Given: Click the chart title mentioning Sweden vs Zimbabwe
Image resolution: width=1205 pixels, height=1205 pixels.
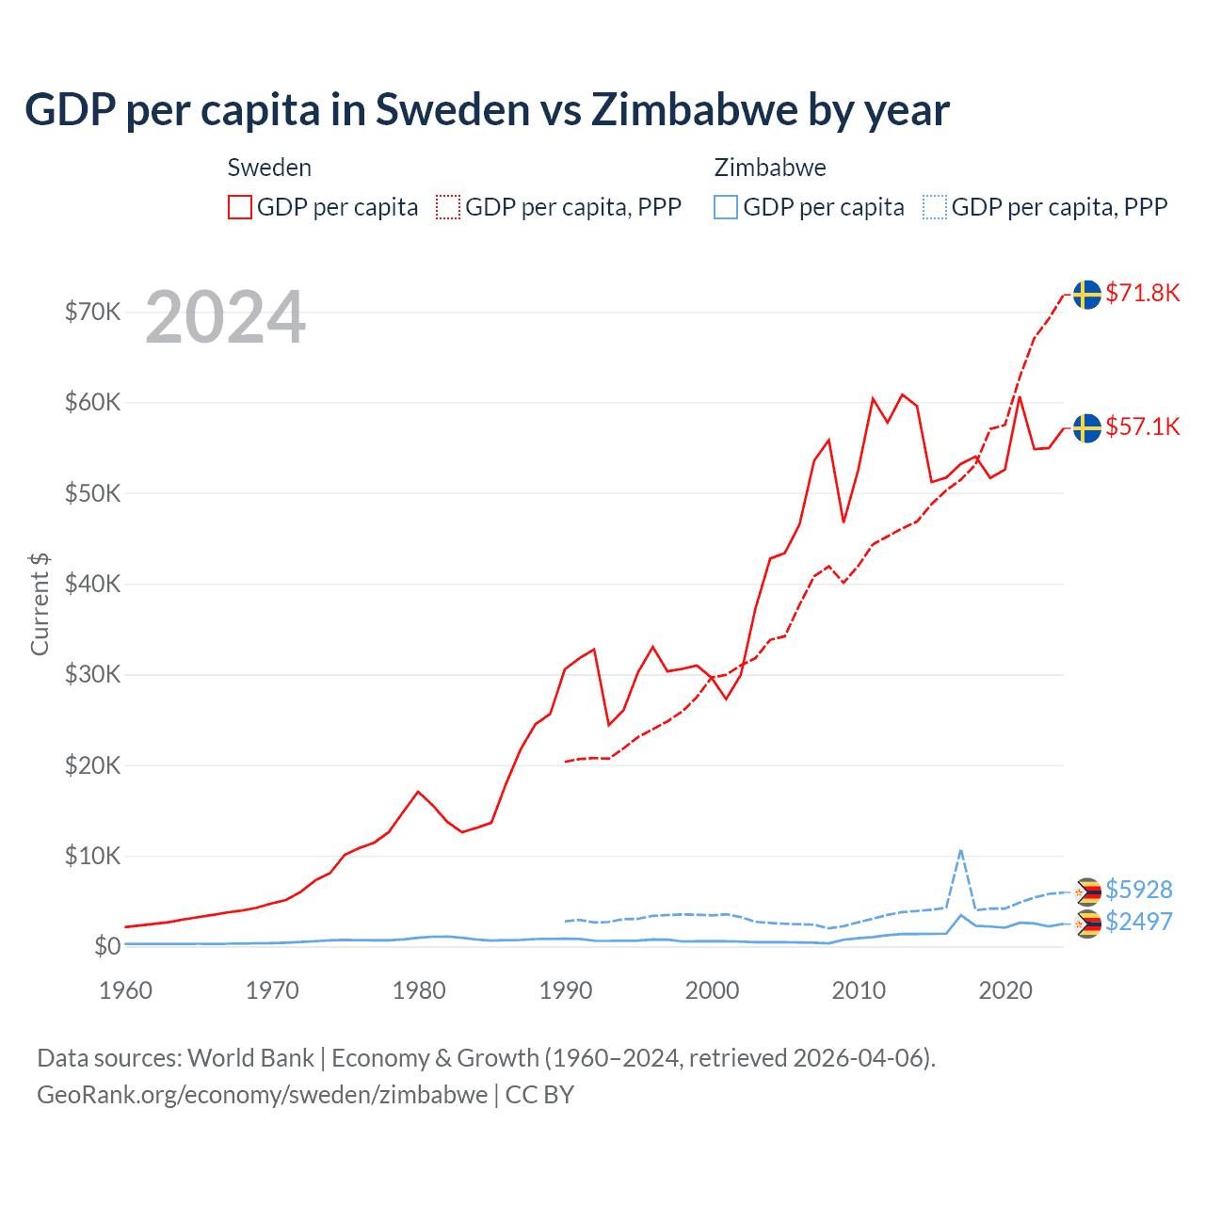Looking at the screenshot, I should tap(487, 110).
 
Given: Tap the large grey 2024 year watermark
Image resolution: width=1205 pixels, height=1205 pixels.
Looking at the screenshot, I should tap(225, 317).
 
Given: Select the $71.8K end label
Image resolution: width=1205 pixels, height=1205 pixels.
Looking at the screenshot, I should tap(1142, 294).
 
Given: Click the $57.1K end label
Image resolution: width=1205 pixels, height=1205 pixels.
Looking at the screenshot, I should tap(1142, 427).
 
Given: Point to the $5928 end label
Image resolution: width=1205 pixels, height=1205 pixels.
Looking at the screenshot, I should tap(1138, 890).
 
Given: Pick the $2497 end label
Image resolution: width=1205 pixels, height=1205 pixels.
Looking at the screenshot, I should tap(1138, 922).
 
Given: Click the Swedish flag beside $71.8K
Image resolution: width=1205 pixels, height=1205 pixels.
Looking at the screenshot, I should tap(1087, 295).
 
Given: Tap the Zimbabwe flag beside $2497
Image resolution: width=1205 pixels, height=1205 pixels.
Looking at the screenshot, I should tap(1088, 924).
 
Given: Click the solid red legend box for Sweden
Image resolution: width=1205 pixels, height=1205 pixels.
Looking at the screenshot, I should tap(240, 207).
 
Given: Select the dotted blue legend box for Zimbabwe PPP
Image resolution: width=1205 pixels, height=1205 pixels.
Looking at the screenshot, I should tap(935, 207).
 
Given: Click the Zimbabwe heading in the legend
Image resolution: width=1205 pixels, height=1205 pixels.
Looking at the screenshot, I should tap(770, 168).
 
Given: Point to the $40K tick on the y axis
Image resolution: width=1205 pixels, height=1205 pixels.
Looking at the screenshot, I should tap(92, 584).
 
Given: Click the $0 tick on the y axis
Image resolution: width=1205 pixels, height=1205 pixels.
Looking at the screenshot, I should tap(107, 946).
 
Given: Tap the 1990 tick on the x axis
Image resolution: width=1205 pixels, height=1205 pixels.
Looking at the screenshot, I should tap(566, 990).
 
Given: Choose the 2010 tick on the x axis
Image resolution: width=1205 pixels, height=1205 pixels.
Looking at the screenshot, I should tap(859, 990).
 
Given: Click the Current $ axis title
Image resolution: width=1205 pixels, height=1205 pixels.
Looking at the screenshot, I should tap(40, 604).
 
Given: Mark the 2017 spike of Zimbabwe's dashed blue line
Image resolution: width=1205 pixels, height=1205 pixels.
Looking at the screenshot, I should tap(960, 850).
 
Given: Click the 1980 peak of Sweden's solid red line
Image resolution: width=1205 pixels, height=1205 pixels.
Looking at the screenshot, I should tap(419, 792).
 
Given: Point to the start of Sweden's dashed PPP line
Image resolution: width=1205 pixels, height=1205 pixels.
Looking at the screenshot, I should tap(566, 762).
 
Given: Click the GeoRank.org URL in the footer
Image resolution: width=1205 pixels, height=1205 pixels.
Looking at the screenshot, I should tap(262, 1095).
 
